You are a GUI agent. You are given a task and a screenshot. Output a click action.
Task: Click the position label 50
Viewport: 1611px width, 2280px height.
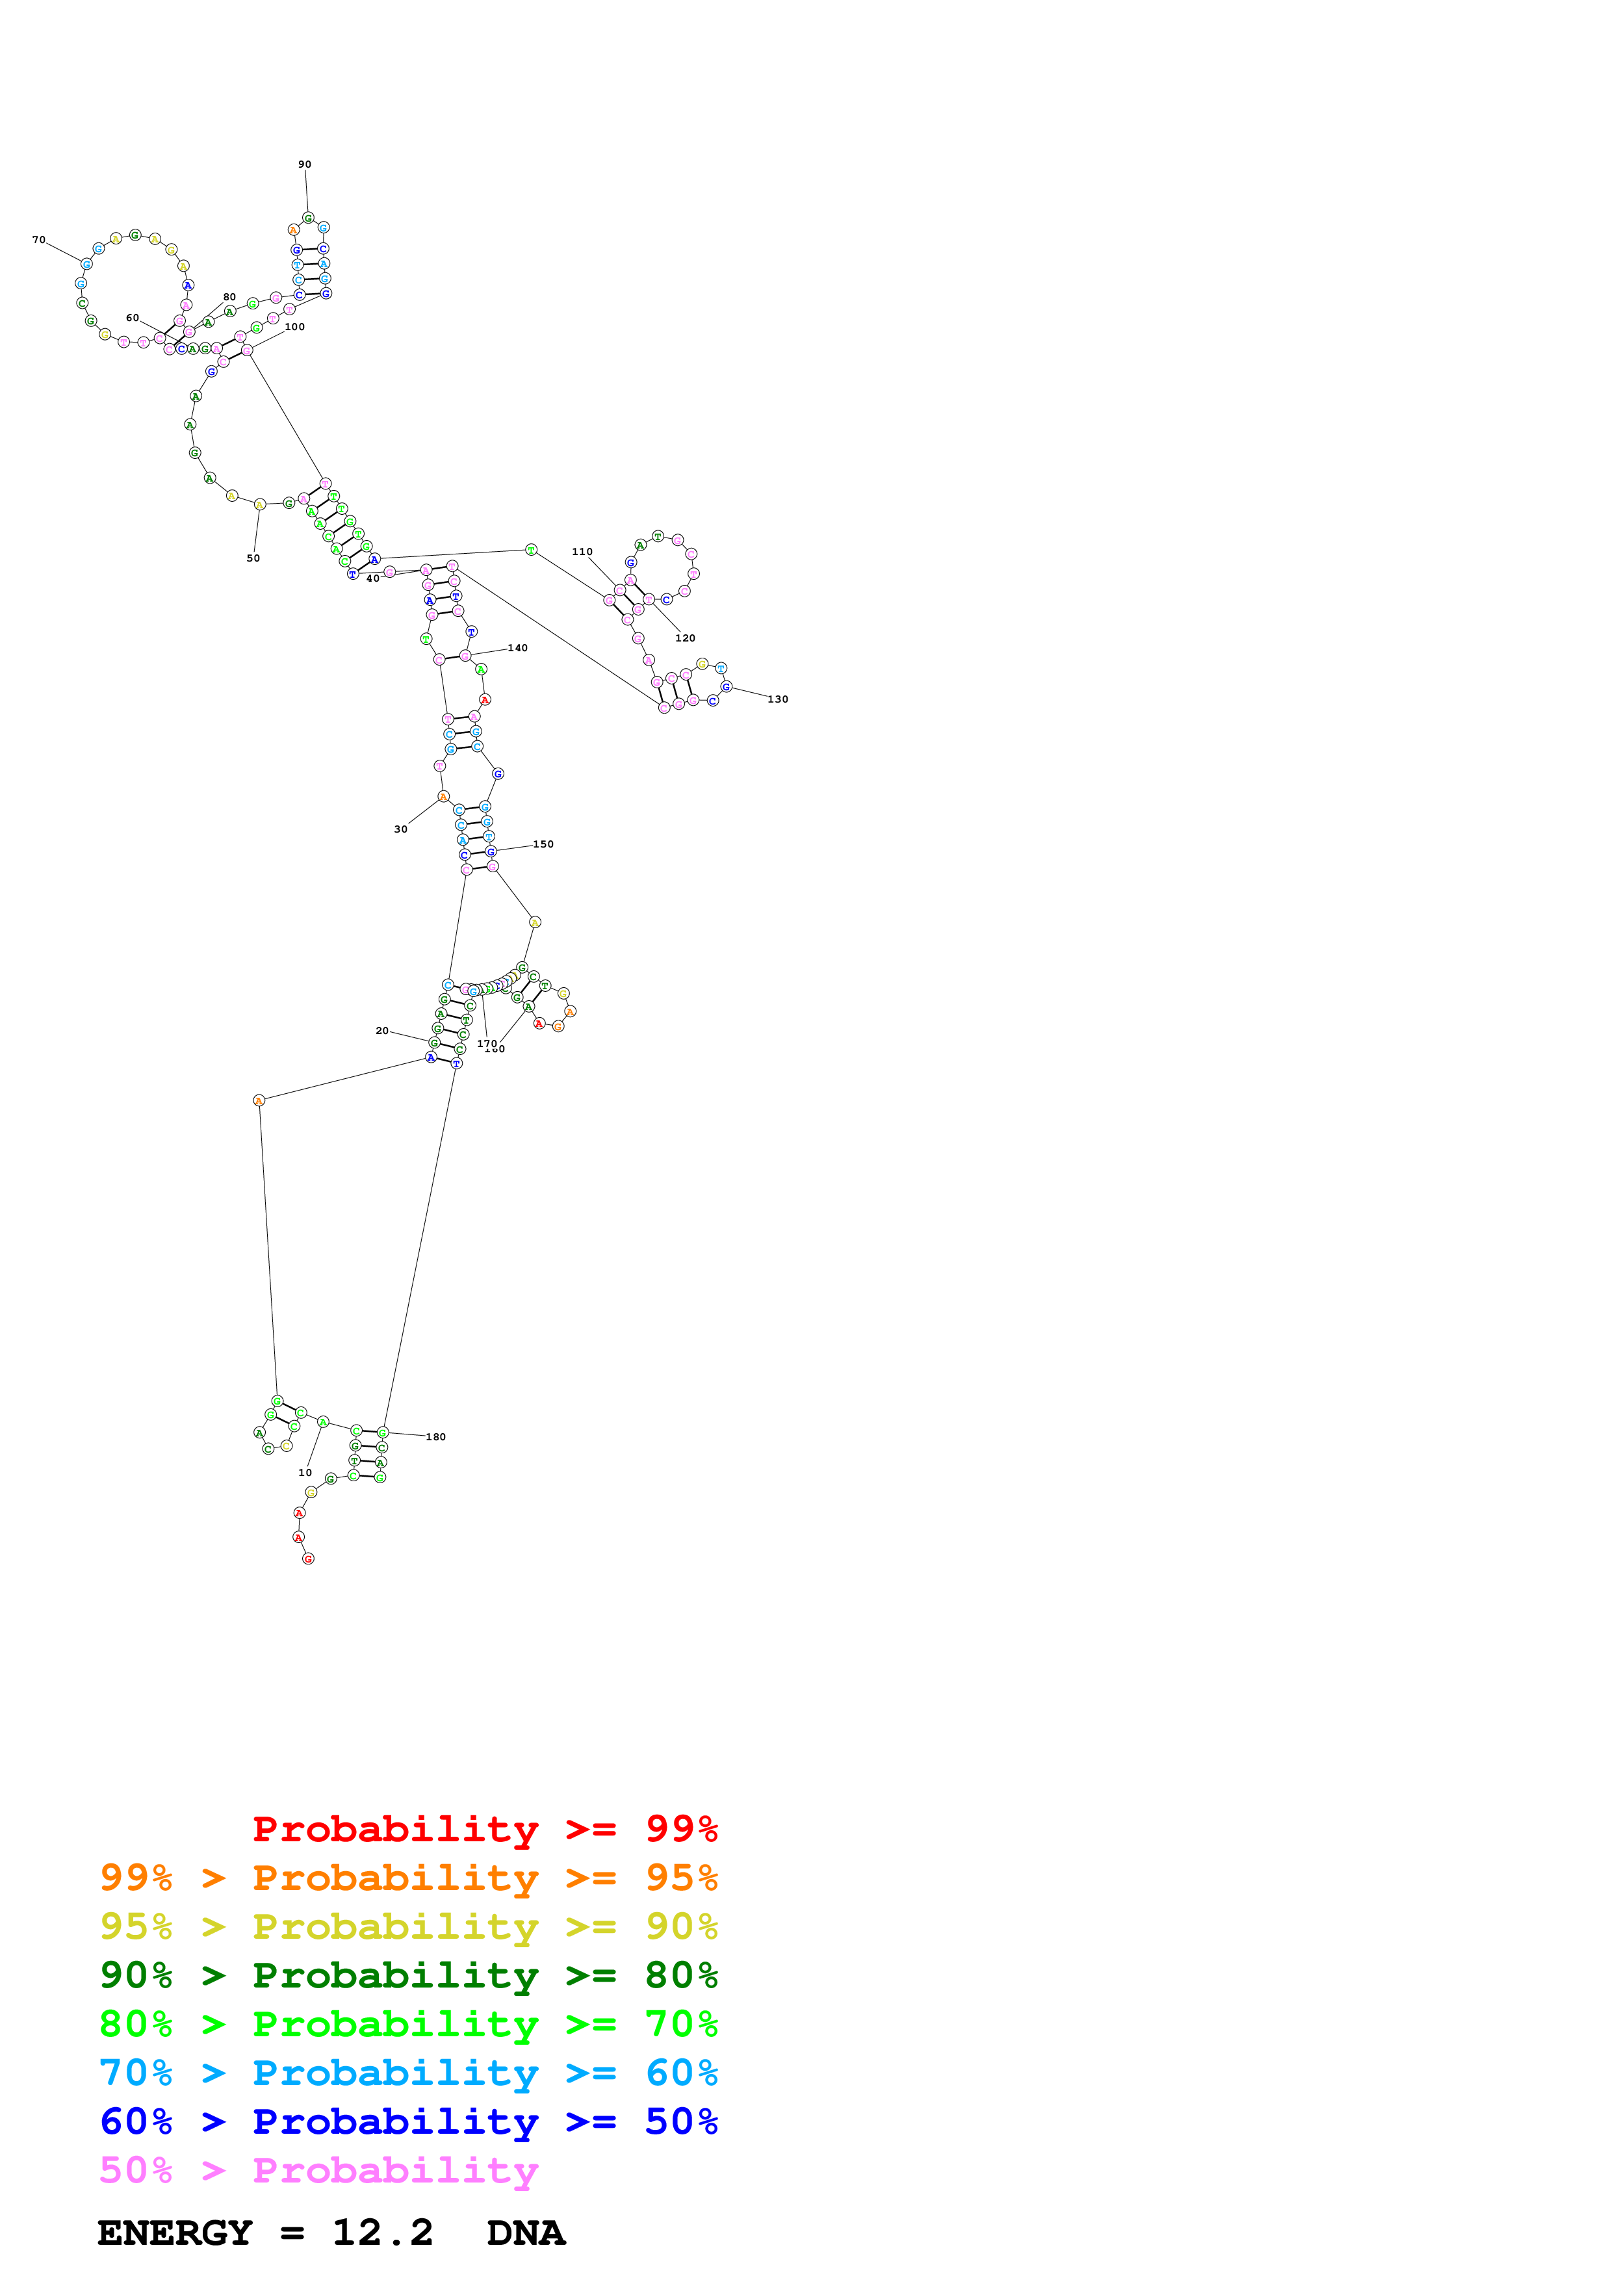coord(253,558)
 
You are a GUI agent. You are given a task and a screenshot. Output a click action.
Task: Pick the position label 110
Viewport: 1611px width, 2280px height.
coord(582,552)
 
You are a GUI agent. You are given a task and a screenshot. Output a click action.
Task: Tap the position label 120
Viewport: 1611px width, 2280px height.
coord(685,638)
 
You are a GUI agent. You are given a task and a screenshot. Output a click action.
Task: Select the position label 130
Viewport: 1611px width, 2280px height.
coord(778,699)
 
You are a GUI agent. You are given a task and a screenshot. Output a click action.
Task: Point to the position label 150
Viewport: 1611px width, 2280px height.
coord(544,844)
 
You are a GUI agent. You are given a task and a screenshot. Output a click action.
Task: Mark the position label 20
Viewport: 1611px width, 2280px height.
coord(382,1031)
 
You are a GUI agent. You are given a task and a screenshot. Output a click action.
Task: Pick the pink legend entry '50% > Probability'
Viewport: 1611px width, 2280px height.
coord(318,2171)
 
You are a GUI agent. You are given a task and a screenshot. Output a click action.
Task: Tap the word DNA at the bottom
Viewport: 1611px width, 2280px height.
coord(526,2233)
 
